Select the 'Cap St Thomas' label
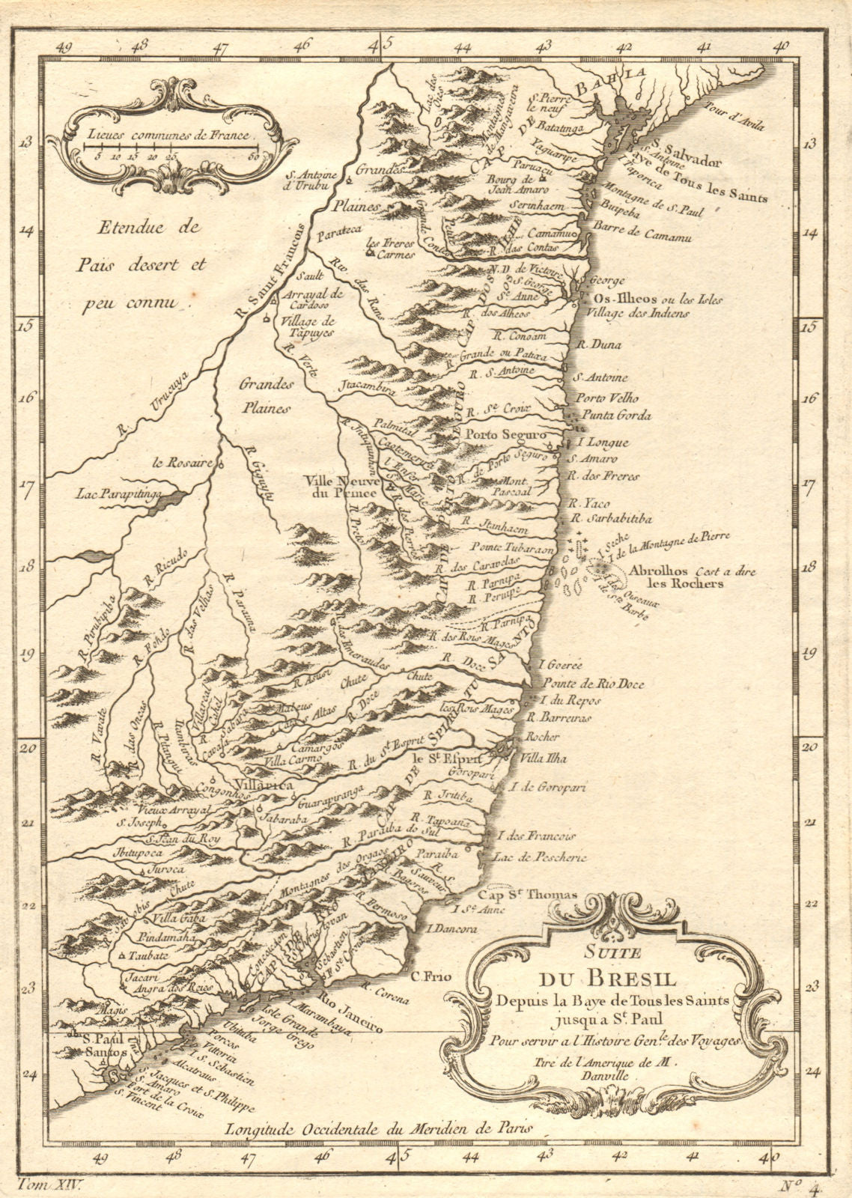click(528, 895)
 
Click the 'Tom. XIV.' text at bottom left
click(46, 1184)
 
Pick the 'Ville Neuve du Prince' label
click(340, 487)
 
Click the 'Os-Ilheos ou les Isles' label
click(657, 299)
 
